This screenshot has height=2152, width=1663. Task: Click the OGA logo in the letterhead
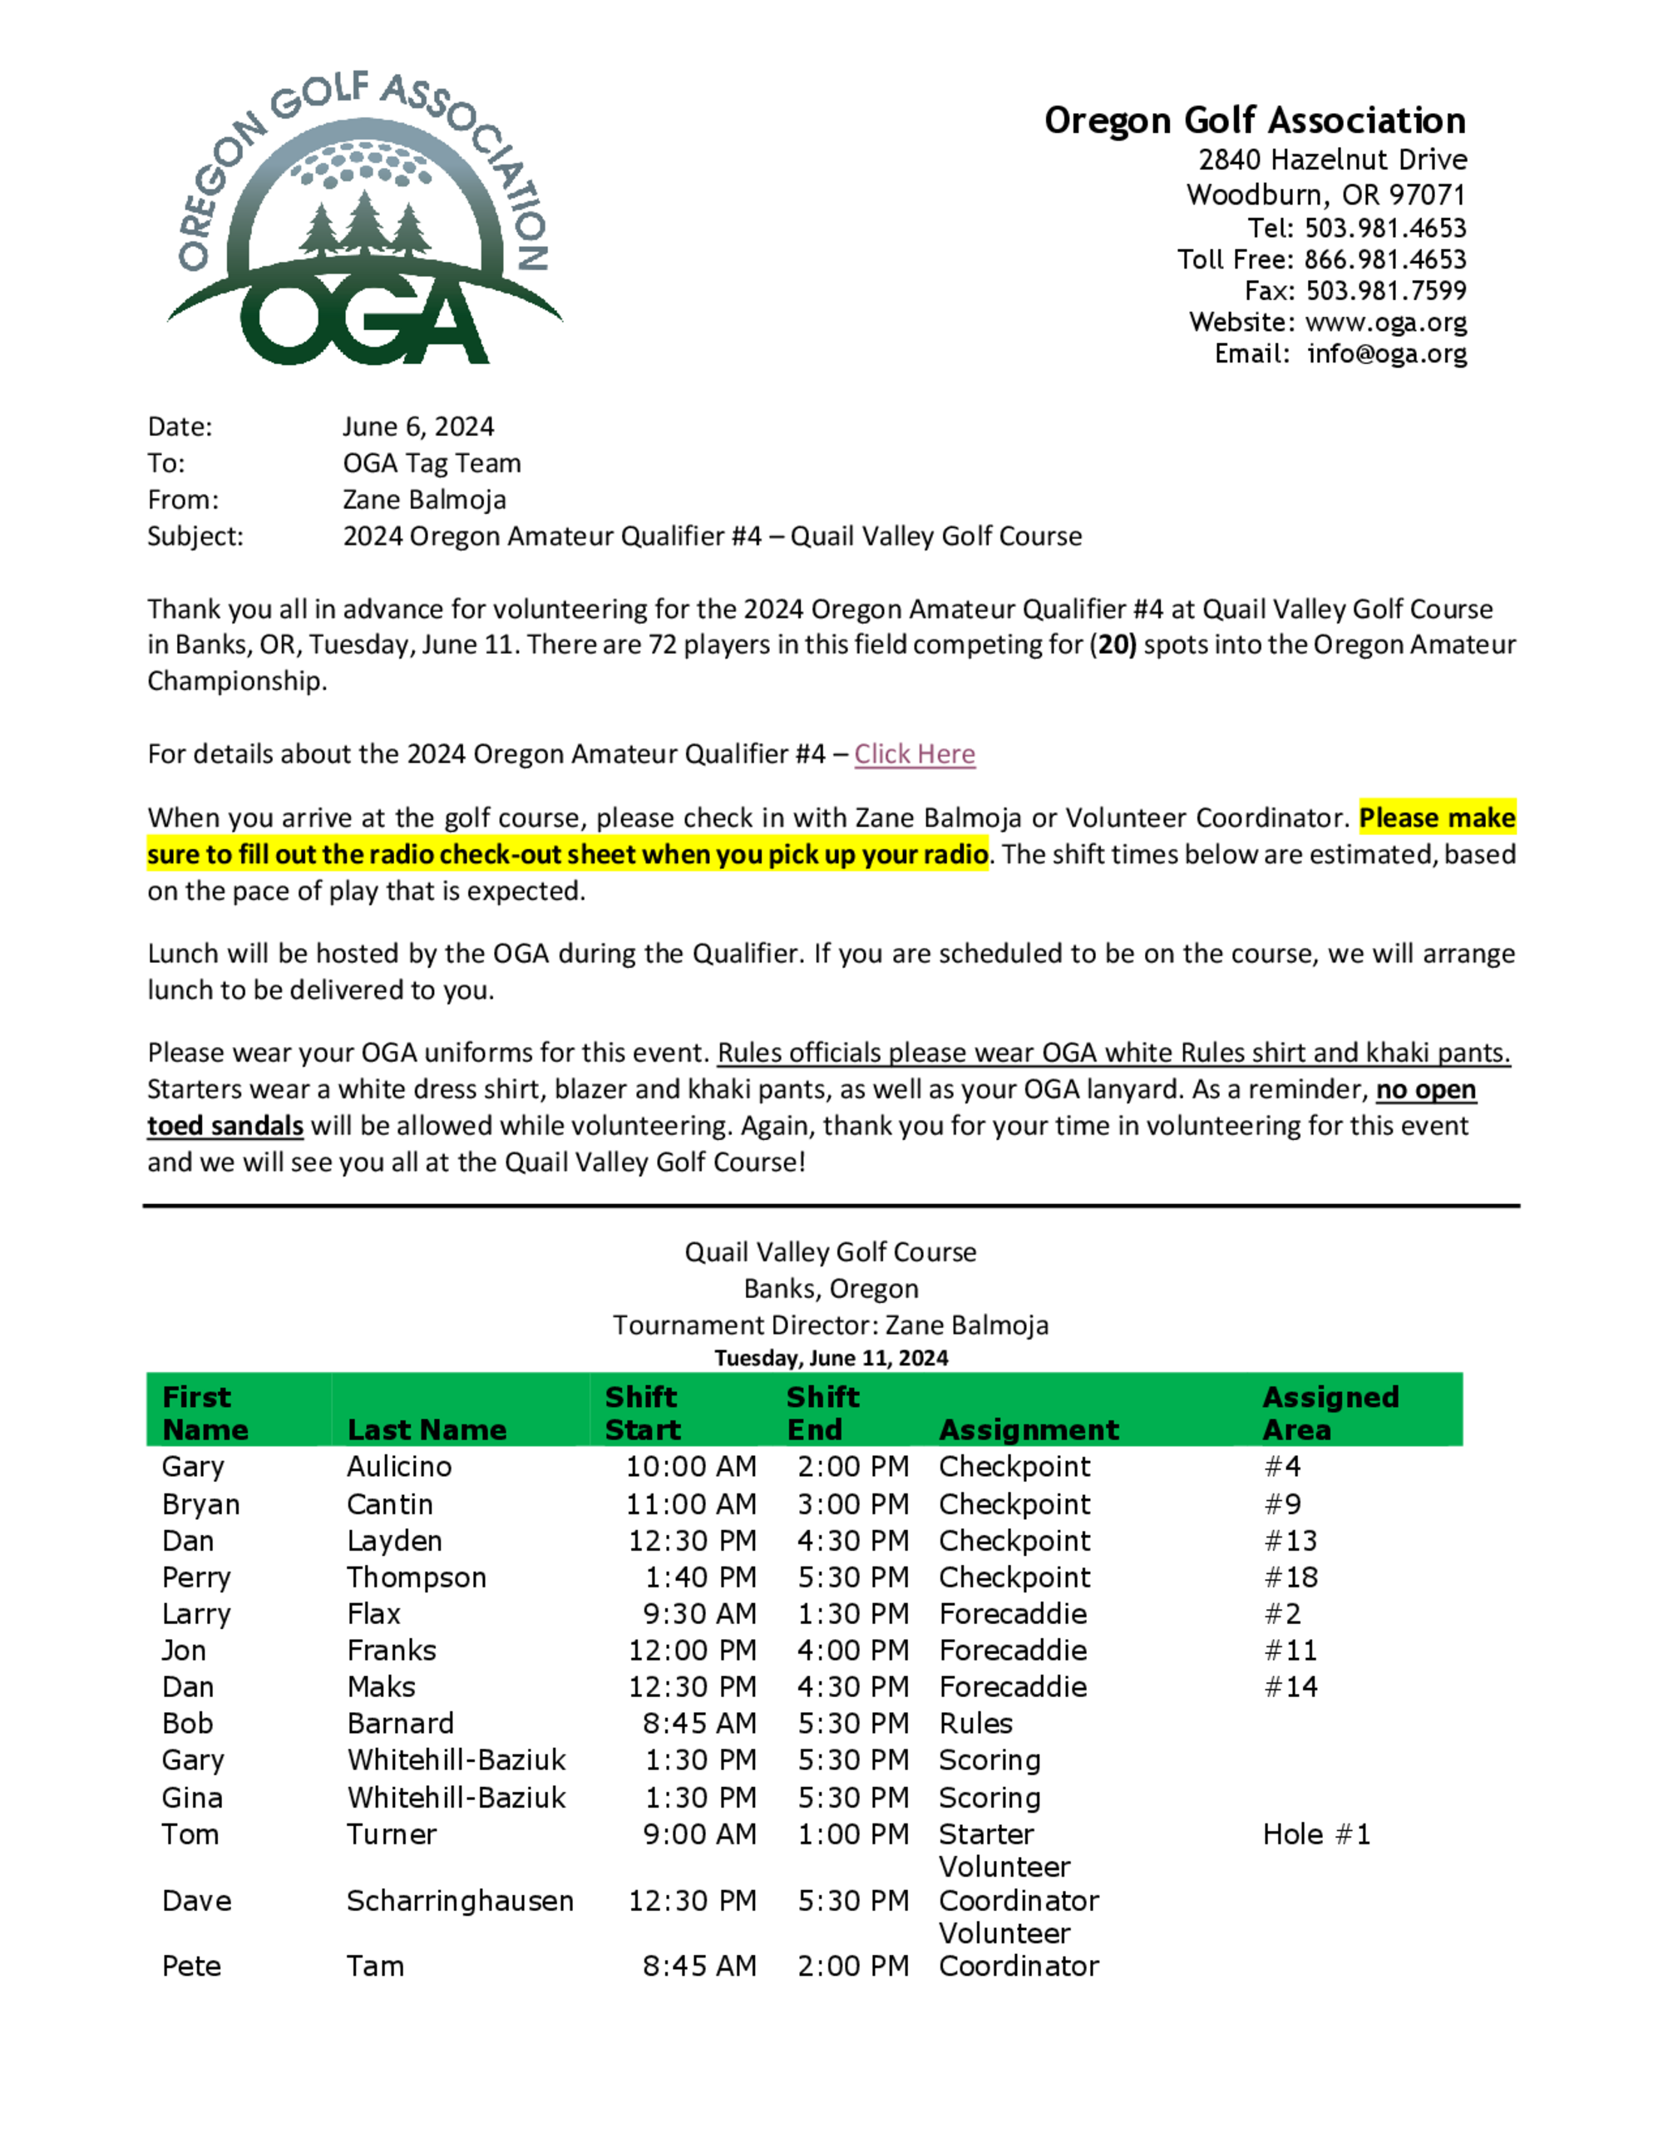363,219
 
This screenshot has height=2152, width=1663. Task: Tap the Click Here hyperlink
915,754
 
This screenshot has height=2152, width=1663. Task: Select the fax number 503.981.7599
1385,291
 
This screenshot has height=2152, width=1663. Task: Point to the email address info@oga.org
1386,353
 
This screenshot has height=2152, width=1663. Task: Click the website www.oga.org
1385,322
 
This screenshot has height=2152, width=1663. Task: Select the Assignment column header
1029,1429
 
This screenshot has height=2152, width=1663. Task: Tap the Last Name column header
427,1429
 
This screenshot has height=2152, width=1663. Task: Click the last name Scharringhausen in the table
460,1901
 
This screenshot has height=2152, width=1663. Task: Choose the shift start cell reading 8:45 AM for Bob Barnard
699,1724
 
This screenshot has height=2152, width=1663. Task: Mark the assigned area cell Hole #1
1316,1834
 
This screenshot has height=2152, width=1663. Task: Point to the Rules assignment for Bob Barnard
975,1724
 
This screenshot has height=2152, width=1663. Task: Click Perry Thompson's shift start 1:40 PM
700,1577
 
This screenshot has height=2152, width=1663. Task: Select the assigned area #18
1290,1577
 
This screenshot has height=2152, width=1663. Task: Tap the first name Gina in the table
192,1799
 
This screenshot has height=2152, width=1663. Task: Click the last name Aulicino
399,1466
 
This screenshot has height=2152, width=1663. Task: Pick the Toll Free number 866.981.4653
1384,259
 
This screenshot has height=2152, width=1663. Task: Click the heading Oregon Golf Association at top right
1254,121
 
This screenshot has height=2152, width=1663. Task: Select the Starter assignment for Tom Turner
986,1834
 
